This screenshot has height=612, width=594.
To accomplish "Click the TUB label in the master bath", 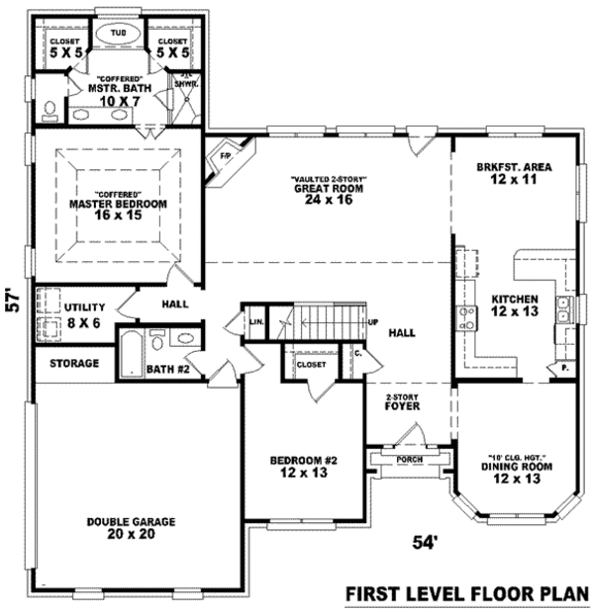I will click(x=117, y=32).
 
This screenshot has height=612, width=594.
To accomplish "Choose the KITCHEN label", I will click(x=513, y=299).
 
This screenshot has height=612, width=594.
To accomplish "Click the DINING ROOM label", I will click(x=516, y=466).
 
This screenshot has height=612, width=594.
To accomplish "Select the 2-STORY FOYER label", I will click(x=404, y=400).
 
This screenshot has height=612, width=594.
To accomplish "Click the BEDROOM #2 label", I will click(x=304, y=461).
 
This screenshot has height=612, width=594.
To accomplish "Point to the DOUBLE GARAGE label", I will click(x=131, y=521).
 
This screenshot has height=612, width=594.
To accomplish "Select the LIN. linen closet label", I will click(x=256, y=322).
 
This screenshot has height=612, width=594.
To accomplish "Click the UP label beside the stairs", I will click(x=373, y=322).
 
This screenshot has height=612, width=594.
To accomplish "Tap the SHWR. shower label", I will click(x=185, y=84).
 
